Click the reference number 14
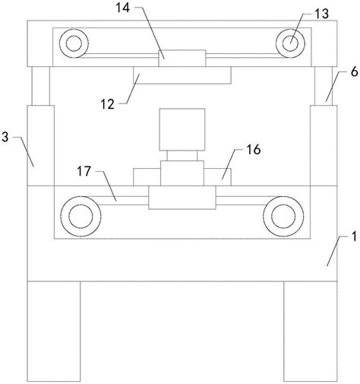123,8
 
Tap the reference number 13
322,14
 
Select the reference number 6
355,72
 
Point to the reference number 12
108,104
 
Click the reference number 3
5,137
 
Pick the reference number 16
254,150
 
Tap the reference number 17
84,171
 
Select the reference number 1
355,236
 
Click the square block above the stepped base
182,129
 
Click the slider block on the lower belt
182,198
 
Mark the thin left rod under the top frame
40,86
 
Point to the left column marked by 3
40,145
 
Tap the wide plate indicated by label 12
182,75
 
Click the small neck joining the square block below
182,156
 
